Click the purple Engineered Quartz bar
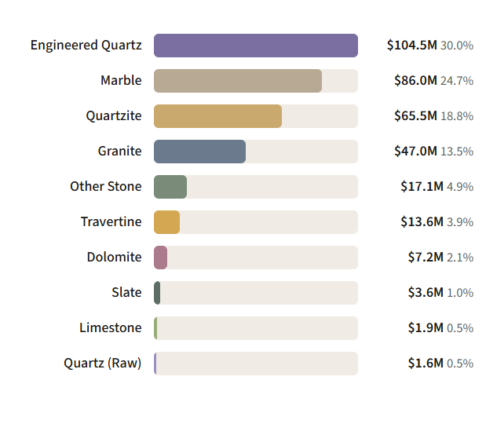point(256,46)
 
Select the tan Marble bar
point(238,81)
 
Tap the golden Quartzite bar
point(217,116)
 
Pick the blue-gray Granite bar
point(199,152)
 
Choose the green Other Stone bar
point(170,187)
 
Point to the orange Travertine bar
point(166,222)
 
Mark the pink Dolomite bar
point(160,258)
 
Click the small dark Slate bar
point(157,293)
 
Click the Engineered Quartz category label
point(86,46)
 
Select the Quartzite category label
point(114,116)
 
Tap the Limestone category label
point(110,327)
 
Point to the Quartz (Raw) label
point(102,364)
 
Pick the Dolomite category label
point(114,257)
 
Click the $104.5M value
point(411,46)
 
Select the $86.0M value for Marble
point(415,81)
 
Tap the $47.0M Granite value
point(415,152)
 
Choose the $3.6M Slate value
point(426,293)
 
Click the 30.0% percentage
point(457,46)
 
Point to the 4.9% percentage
point(460,187)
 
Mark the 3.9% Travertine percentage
point(460,222)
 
